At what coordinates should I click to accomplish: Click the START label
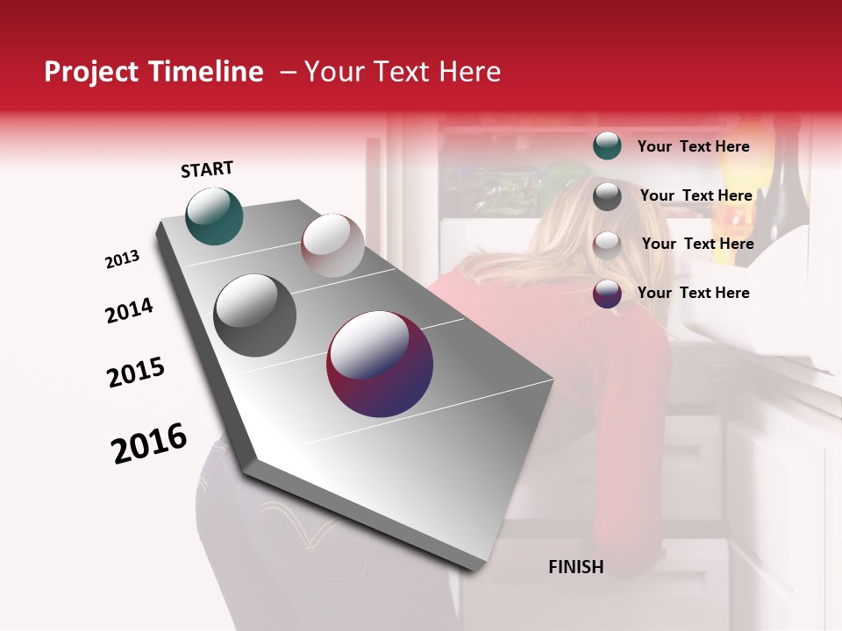pos(207,169)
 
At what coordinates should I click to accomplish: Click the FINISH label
pos(575,567)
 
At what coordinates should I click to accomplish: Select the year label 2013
pos(122,259)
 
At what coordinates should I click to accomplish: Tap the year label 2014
pos(129,310)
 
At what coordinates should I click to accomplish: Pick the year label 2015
pos(136,372)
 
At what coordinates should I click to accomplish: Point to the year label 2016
pos(149,443)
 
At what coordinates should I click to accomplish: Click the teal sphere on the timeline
pos(214,216)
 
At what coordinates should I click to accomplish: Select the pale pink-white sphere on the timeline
pos(332,245)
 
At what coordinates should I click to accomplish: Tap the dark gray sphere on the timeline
pos(255,315)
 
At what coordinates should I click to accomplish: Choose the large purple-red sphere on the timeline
pos(380,364)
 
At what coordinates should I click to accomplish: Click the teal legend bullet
pos(607,146)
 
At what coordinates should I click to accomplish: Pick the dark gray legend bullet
pos(607,196)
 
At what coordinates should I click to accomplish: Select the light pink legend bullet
pos(607,245)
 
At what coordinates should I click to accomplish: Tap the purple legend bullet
pos(607,294)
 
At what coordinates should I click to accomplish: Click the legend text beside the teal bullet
pos(693,146)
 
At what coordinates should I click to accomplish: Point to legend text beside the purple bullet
pos(693,293)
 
